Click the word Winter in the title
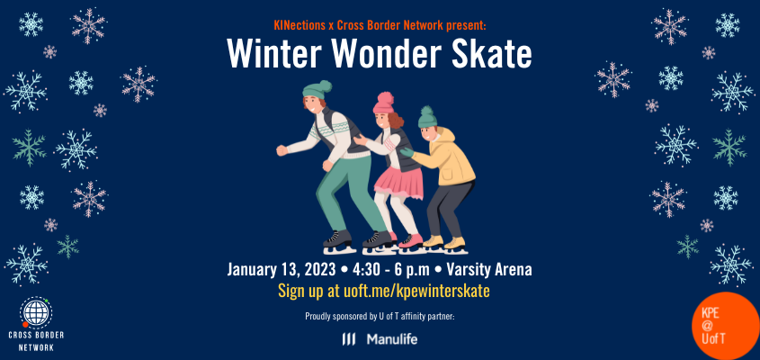pos(268,55)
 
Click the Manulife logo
pos(379,339)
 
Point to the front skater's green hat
pos(317,89)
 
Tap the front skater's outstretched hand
pos(282,149)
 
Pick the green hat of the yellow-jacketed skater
pos(427,115)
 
